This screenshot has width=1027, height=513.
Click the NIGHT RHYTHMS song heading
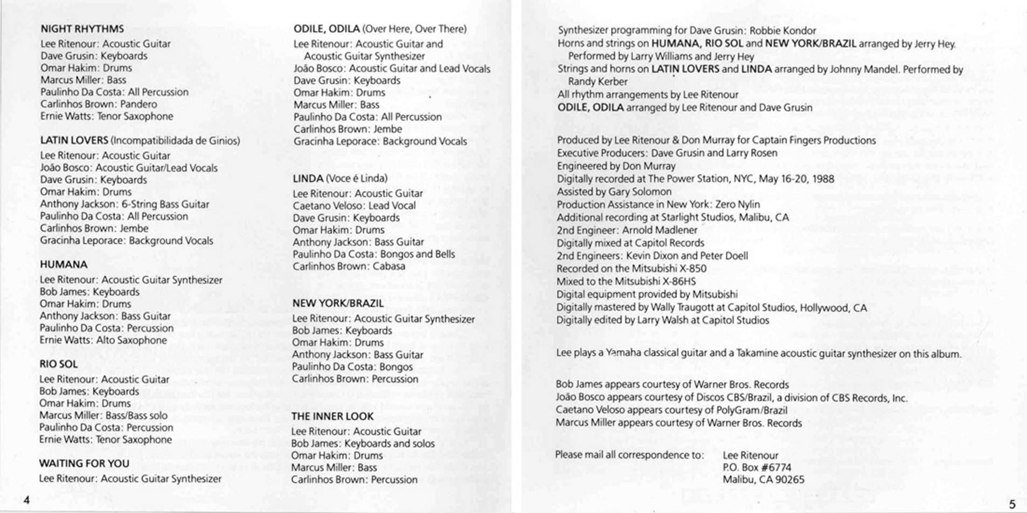82,29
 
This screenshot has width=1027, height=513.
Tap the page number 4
26,500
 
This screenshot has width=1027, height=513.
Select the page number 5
1012,504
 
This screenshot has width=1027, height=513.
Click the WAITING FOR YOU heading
84,463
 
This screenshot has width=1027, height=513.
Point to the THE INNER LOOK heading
332,416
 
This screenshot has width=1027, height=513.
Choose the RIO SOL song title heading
58,364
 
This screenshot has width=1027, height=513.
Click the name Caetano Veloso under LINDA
324,206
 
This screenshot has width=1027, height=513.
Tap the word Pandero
138,104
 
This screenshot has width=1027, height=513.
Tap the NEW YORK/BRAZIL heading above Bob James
338,303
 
